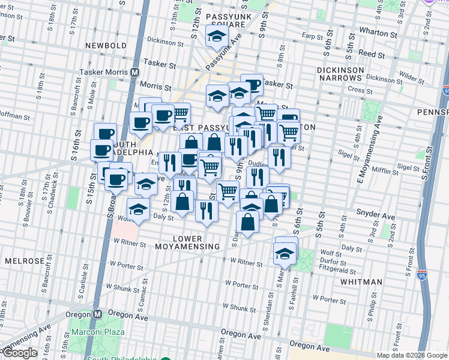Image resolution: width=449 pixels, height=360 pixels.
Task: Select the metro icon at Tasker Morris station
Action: pos(135,72)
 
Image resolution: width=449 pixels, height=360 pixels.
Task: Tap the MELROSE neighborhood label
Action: pos(24,262)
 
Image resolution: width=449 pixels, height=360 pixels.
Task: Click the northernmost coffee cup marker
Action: pos(252,85)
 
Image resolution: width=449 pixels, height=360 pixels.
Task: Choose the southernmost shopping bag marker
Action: pos(247,222)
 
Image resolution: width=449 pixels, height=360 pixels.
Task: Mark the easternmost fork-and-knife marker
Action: pos(279,156)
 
